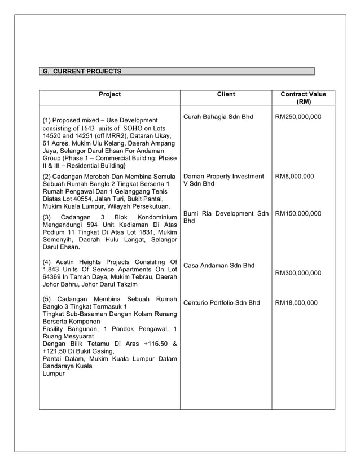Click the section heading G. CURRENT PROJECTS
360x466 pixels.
click(82, 72)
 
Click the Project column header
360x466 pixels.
click(109, 95)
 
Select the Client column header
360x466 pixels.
click(226, 95)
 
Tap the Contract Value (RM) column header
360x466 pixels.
click(303, 98)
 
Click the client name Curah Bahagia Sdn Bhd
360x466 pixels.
click(218, 117)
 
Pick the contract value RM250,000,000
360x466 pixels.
click(298, 117)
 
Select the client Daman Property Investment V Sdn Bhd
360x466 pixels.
click(223, 181)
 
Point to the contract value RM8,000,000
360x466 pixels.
click(294, 177)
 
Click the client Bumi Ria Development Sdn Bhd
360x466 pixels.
click(226, 217)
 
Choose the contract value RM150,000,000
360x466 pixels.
click(298, 214)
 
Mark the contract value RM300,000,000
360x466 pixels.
click(298, 274)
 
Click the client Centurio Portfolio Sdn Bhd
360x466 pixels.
click(222, 303)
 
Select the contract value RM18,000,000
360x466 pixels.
click(296, 303)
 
